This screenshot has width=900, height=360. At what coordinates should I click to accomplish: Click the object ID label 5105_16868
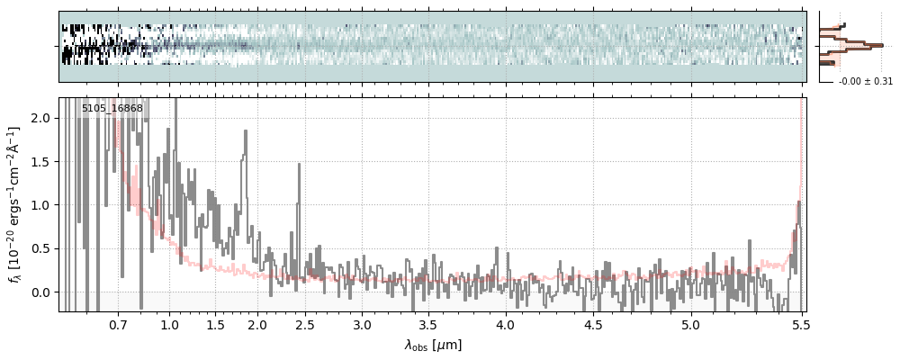pyautogui.click(x=112, y=109)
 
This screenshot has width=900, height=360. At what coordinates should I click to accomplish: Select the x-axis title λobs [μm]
pyautogui.click(x=433, y=345)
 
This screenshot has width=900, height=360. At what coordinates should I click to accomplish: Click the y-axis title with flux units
pyautogui.click(x=16, y=204)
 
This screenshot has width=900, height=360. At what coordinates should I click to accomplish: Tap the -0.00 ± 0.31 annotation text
pyautogui.click(x=865, y=82)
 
